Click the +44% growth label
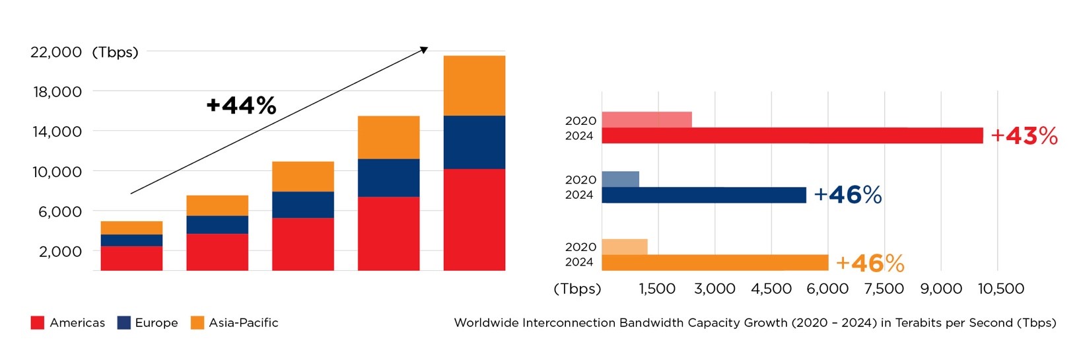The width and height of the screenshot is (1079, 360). (x=241, y=106)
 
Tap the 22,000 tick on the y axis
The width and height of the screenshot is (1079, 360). (x=56, y=52)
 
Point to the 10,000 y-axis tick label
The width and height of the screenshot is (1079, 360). (x=57, y=172)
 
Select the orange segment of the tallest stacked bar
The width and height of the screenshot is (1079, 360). (x=474, y=86)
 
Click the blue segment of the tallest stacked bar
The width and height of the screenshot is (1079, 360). (x=474, y=142)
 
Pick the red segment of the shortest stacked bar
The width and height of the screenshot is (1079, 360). (x=131, y=258)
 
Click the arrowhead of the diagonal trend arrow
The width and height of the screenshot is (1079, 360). (x=425, y=50)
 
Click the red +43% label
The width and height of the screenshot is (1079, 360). (x=1024, y=136)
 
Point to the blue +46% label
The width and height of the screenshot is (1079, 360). (x=848, y=195)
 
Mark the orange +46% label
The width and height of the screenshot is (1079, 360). (x=870, y=264)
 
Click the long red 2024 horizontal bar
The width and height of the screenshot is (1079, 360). (x=792, y=136)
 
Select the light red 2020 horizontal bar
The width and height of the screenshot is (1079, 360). (x=646, y=120)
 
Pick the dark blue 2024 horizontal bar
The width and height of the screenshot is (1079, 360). (x=703, y=195)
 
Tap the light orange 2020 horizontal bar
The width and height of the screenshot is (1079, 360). (x=624, y=246)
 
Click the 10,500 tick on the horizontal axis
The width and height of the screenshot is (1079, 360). (x=1001, y=289)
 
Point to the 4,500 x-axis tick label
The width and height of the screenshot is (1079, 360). (x=771, y=289)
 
